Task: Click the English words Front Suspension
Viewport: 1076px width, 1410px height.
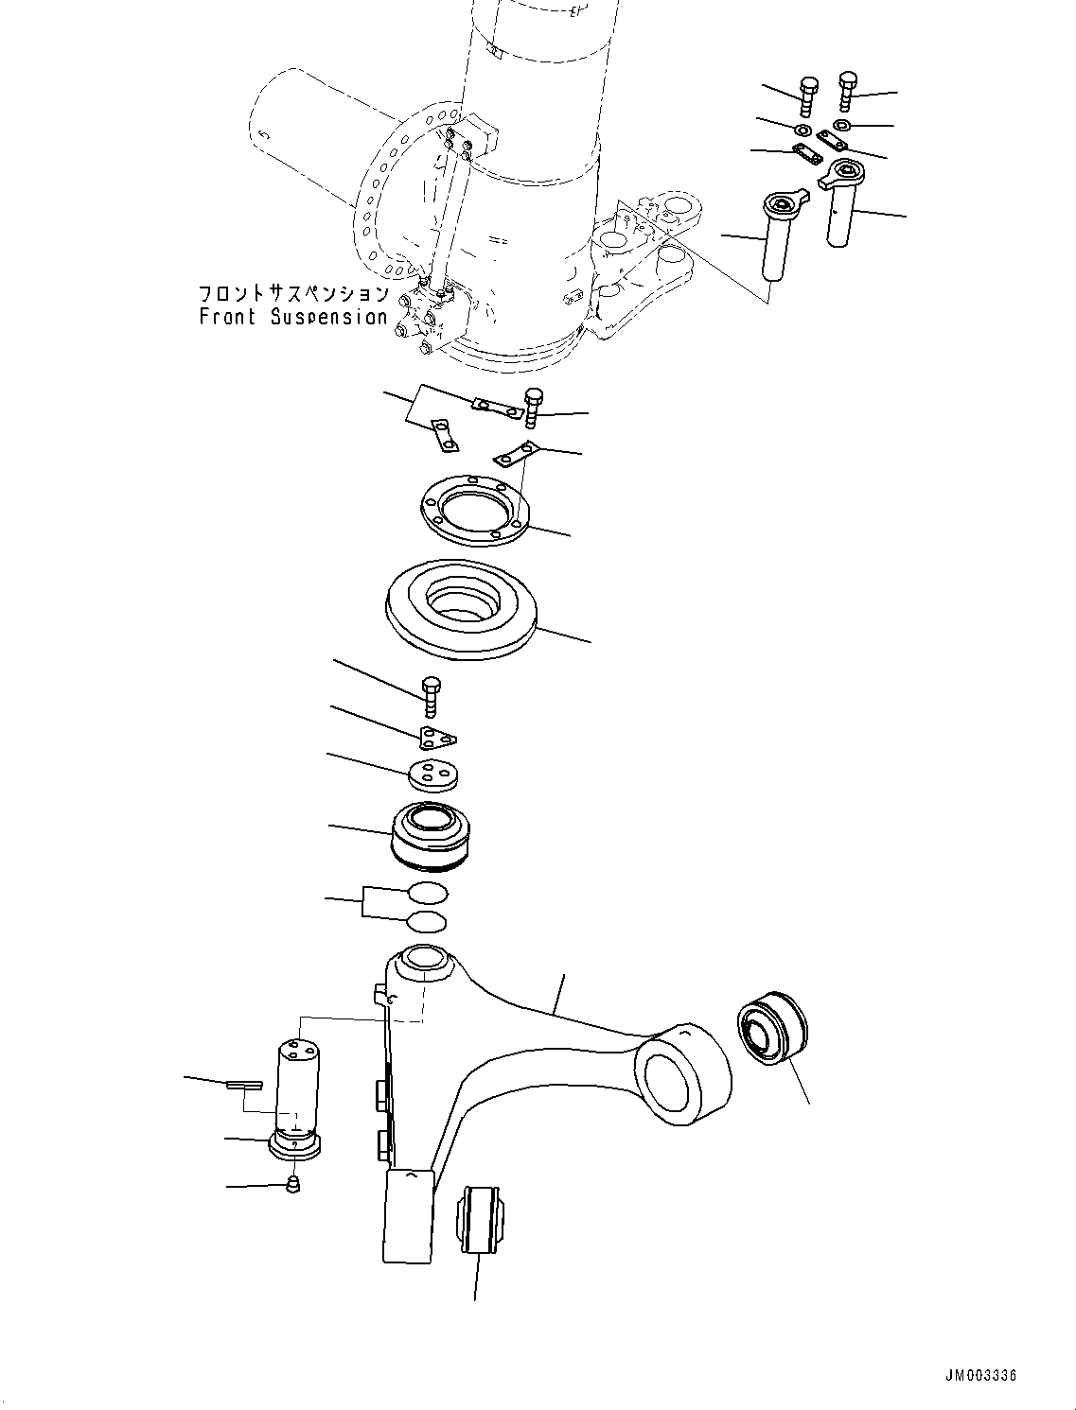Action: click(x=293, y=318)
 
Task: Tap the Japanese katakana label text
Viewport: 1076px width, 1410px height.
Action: click(x=293, y=293)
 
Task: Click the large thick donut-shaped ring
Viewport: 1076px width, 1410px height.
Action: click(x=462, y=610)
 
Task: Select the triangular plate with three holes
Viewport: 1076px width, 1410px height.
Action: click(x=436, y=737)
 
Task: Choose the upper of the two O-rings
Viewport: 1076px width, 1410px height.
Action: click(x=428, y=893)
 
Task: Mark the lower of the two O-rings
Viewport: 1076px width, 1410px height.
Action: click(x=427, y=921)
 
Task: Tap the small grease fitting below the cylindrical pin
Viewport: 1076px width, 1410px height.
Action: click(x=293, y=1183)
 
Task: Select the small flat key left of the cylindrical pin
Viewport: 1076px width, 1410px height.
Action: click(x=244, y=1084)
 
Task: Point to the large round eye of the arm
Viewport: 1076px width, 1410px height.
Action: click(x=682, y=1076)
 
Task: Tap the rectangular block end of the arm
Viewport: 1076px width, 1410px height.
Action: click(x=408, y=1215)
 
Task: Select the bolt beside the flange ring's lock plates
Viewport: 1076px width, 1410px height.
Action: click(x=533, y=407)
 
